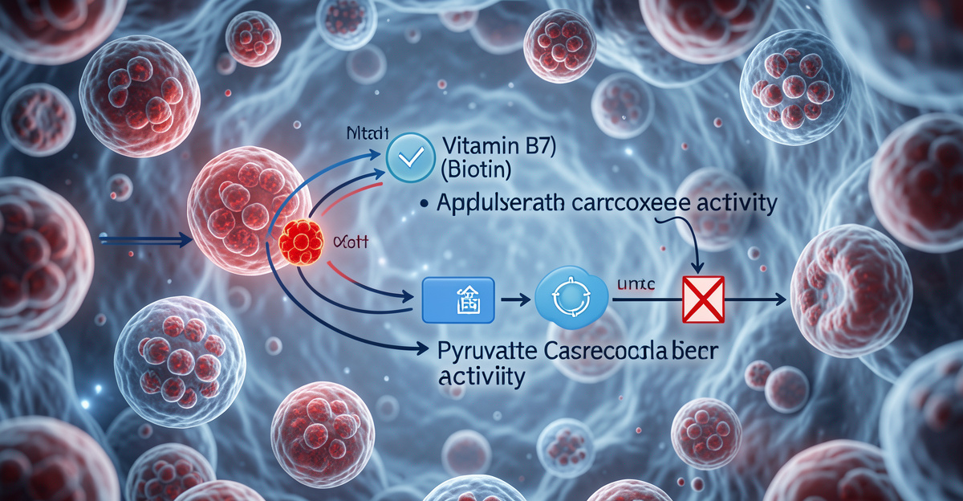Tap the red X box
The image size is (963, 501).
pyautogui.click(x=702, y=299)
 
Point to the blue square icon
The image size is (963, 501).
pyautogui.click(x=455, y=299)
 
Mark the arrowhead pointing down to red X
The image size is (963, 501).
pyautogui.click(x=697, y=267)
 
